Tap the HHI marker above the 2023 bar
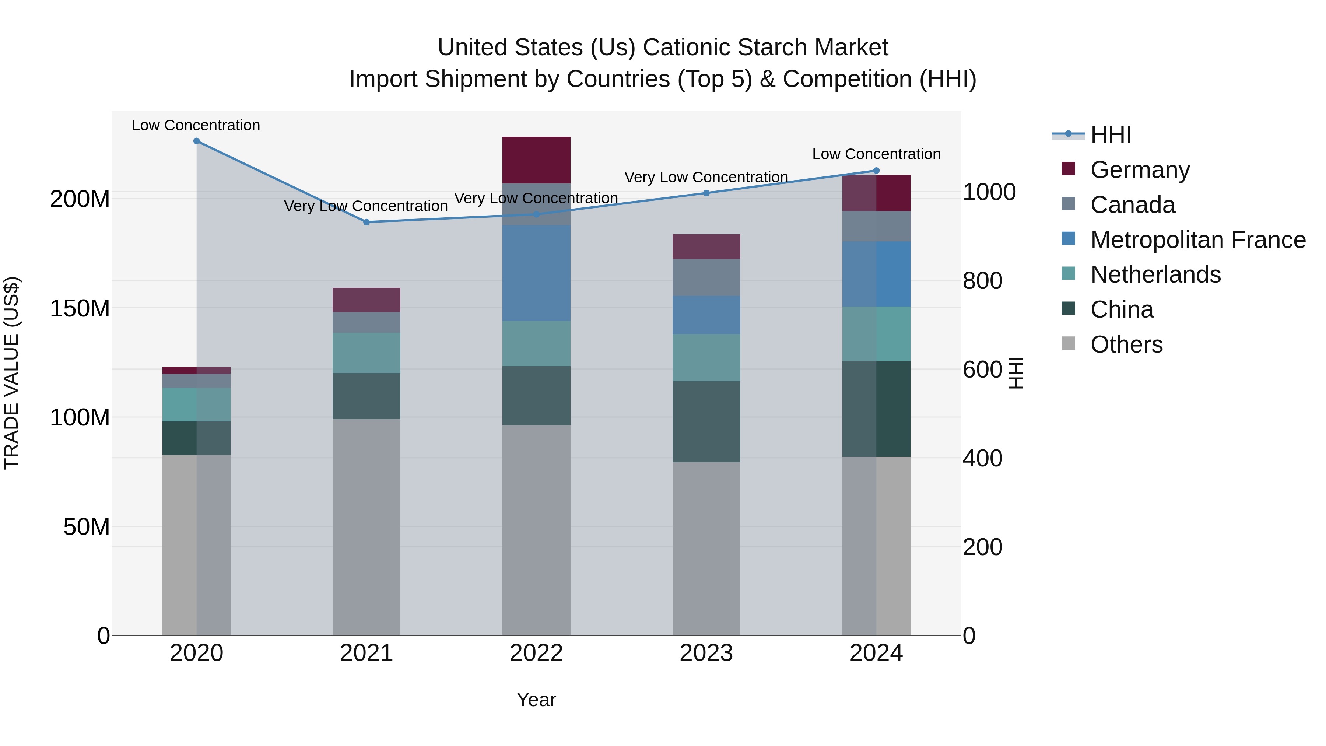pyautogui.click(x=706, y=193)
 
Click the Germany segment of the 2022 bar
pyautogui.click(x=536, y=160)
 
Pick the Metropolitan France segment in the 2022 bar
pyautogui.click(x=536, y=273)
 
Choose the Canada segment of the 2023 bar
pyautogui.click(x=706, y=277)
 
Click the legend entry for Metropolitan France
pyautogui.click(x=1198, y=240)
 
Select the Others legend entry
pyautogui.click(x=1126, y=344)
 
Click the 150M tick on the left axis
pyautogui.click(x=80, y=308)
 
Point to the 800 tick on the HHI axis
pyautogui.click(x=982, y=281)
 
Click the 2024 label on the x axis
pyautogui.click(x=876, y=653)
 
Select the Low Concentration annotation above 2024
pyautogui.click(x=876, y=154)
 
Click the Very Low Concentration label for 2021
pyautogui.click(x=366, y=206)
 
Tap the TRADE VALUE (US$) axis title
pyautogui.click(x=11, y=373)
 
